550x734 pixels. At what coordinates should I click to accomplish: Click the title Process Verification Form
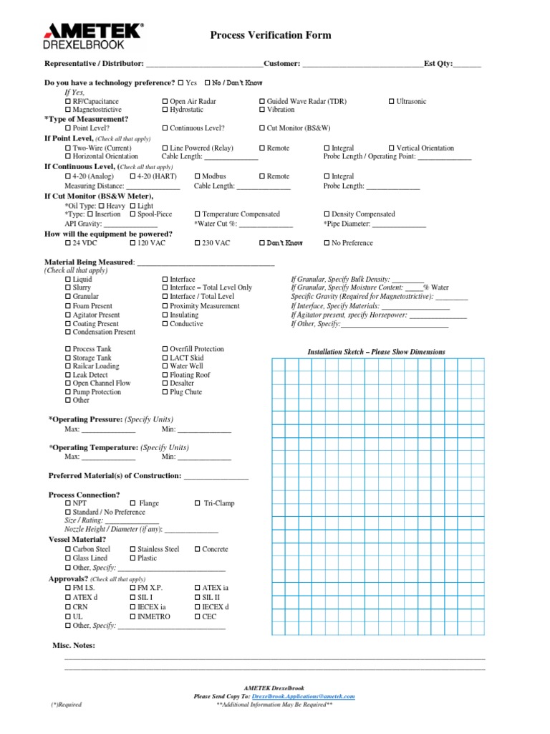pos(270,35)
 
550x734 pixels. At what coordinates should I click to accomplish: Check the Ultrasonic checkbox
pos(392,102)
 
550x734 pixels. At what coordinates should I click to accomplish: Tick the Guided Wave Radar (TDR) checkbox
pos(262,102)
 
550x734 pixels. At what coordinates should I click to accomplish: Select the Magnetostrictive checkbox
pos(68,110)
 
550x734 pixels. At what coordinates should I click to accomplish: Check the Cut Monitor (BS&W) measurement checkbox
pos(262,128)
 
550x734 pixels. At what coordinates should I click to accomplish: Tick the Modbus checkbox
pos(198,176)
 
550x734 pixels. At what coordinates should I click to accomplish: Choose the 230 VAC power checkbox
pos(198,244)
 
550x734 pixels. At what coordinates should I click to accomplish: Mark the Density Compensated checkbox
pos(327,214)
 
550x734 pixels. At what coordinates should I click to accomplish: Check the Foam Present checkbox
pos(68,306)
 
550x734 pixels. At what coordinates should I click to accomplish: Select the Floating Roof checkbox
pos(165,375)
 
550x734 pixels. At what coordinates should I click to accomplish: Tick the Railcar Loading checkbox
pos(68,366)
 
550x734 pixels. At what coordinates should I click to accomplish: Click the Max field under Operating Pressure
pos(108,430)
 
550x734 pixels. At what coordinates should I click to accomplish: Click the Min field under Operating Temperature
pos(204,457)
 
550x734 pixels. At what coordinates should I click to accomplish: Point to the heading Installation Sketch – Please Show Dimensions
pos(376,352)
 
